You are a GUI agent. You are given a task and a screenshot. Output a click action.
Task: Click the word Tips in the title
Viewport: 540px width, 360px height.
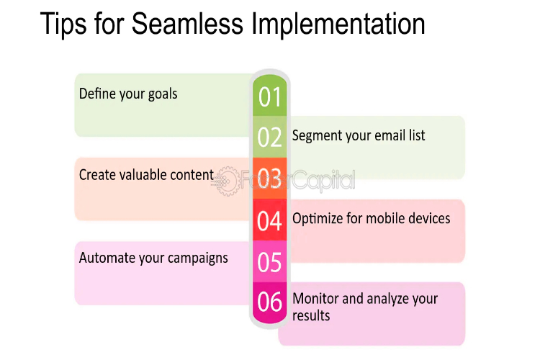point(63,24)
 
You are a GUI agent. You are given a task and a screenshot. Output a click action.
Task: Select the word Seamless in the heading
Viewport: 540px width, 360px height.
point(187,24)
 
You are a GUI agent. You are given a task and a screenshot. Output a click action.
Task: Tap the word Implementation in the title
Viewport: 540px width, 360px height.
point(338,24)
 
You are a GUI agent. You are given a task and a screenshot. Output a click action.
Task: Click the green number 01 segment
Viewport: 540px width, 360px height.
point(270,96)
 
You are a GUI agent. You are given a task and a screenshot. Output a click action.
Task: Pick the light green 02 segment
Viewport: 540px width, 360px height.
point(270,137)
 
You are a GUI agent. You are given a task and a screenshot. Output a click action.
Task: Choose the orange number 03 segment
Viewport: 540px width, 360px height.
point(270,178)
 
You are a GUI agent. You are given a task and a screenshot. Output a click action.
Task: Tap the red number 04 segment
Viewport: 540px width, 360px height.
point(270,220)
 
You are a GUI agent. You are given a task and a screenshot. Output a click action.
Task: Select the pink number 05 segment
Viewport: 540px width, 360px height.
point(270,261)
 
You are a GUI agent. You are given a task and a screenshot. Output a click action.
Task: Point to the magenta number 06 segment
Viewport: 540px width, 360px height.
point(270,302)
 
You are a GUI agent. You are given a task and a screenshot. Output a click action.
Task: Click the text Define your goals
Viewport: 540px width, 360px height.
point(128,94)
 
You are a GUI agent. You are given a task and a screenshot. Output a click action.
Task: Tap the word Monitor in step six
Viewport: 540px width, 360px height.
point(315,298)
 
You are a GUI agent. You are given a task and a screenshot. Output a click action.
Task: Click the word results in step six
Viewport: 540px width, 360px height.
point(311,315)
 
